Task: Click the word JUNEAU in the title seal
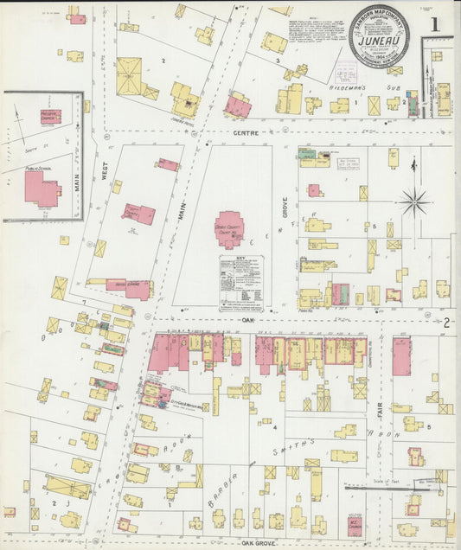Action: click(x=378, y=39)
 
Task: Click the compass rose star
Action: click(x=414, y=202)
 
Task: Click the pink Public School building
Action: click(x=41, y=188)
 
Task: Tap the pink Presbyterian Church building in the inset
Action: click(x=50, y=116)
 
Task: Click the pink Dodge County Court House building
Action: click(x=228, y=228)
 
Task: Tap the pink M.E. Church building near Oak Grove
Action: click(x=356, y=527)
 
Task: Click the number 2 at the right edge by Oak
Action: click(x=446, y=323)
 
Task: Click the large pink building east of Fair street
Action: click(x=402, y=355)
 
